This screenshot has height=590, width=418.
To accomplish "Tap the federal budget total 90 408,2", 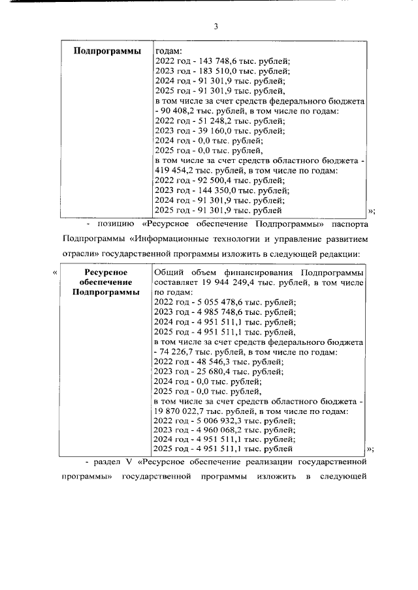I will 181,113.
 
